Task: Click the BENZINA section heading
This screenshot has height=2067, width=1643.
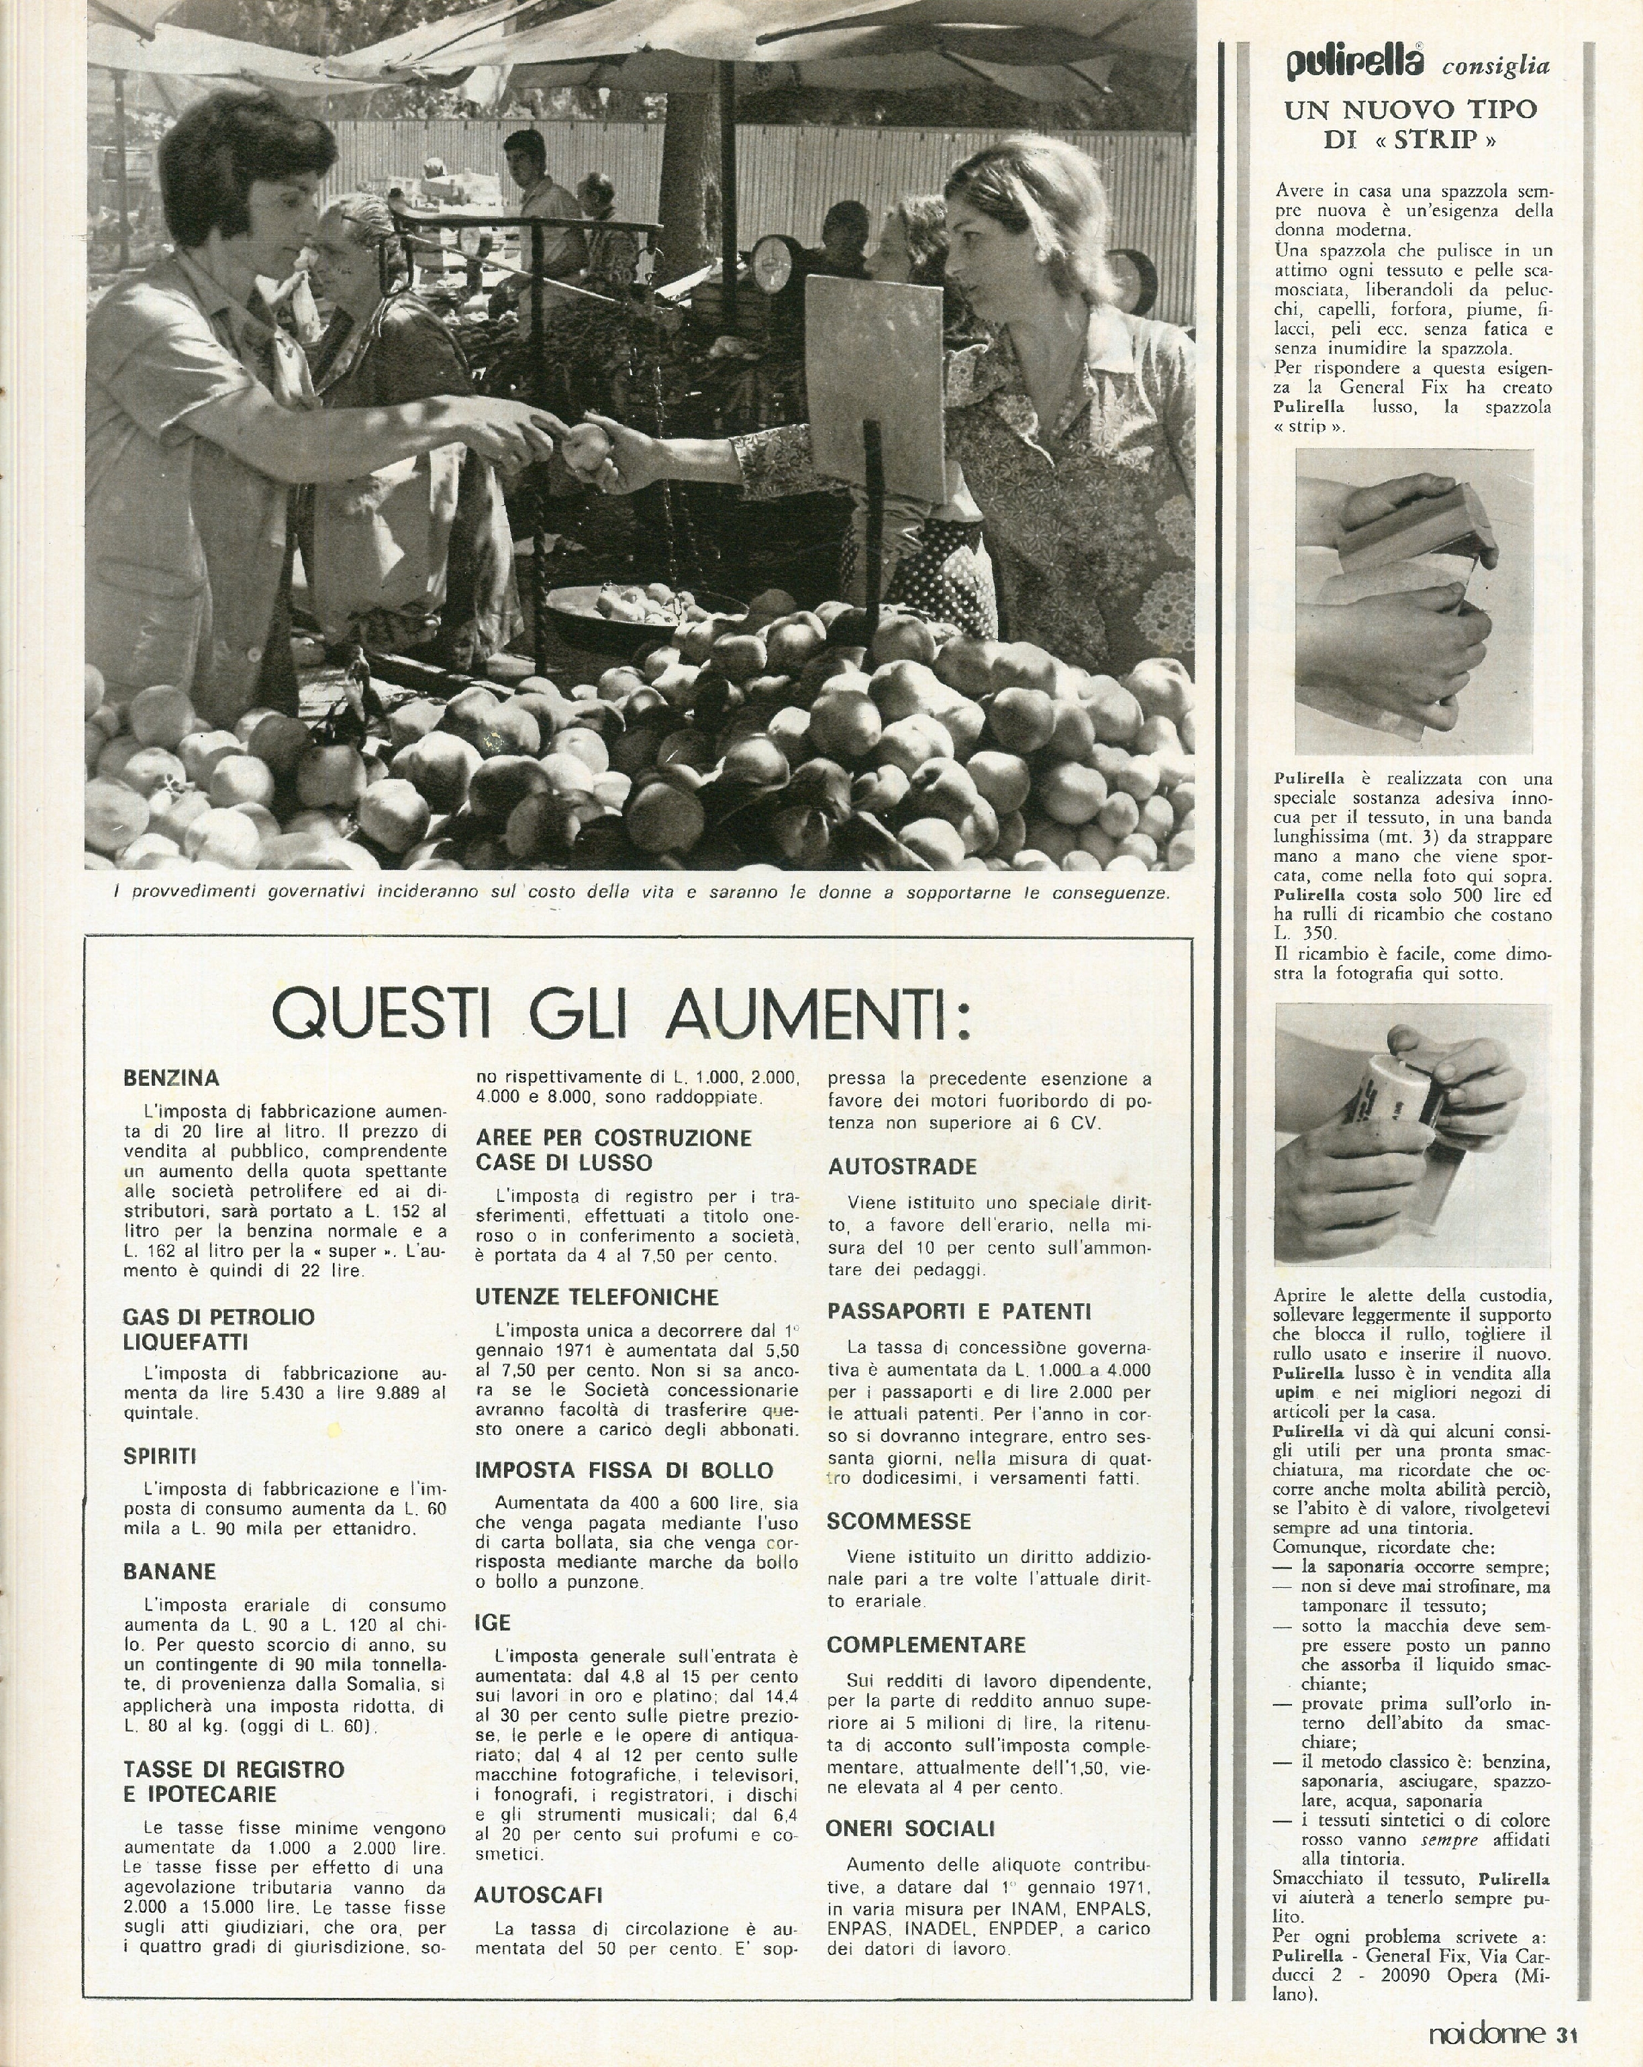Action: tap(172, 1078)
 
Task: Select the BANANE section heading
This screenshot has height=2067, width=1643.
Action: tap(170, 1571)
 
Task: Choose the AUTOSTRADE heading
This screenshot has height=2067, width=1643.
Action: tap(903, 1167)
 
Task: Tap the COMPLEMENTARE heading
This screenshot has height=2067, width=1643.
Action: tap(926, 1644)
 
